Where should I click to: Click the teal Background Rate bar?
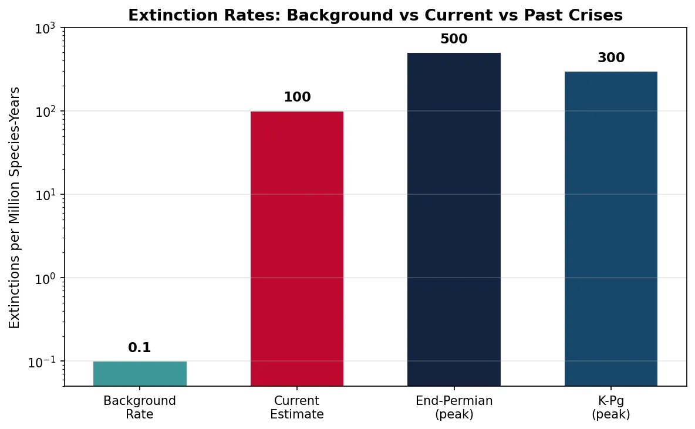click(x=140, y=373)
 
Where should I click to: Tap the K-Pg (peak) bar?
click(x=610, y=228)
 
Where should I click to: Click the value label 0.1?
click(x=140, y=348)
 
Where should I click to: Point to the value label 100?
click(x=297, y=97)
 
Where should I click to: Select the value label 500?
click(x=454, y=39)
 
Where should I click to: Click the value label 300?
click(x=610, y=58)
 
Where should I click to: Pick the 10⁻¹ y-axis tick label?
click(x=45, y=361)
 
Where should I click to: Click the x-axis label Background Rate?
click(x=140, y=407)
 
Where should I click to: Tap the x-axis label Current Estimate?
click(x=297, y=407)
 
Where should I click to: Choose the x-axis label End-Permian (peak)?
click(x=454, y=407)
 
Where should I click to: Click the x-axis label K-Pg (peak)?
click(x=610, y=407)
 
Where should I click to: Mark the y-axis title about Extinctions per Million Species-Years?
click(x=15, y=207)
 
